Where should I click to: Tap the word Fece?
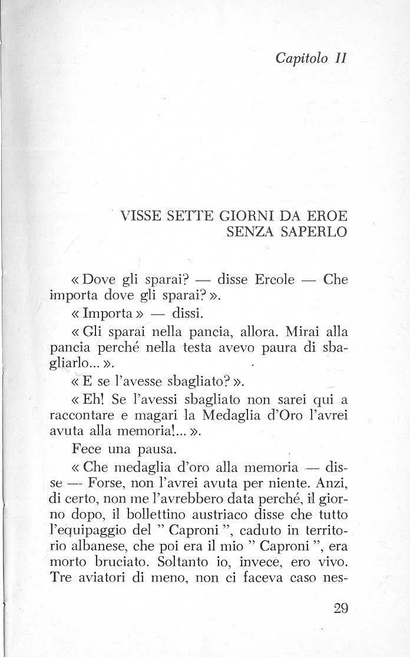pyautogui.click(x=87, y=450)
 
